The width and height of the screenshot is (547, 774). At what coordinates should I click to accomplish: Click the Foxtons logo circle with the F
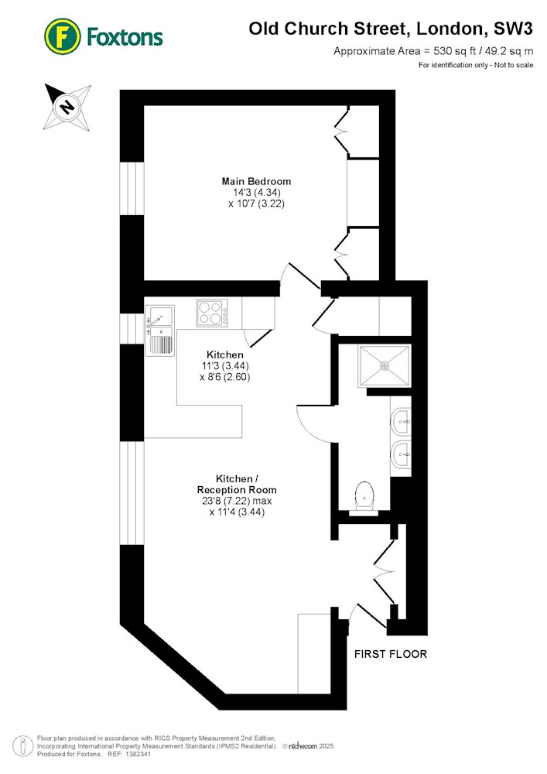(x=62, y=36)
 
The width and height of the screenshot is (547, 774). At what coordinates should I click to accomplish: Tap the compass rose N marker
(x=67, y=106)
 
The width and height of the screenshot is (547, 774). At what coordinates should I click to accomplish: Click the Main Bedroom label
(x=256, y=181)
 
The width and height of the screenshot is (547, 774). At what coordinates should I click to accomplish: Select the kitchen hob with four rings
(x=212, y=313)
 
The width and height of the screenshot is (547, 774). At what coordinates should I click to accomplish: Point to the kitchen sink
(x=159, y=330)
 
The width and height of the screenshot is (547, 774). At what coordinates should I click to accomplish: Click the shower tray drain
(x=385, y=366)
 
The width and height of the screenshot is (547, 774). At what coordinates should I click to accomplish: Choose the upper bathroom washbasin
(x=401, y=422)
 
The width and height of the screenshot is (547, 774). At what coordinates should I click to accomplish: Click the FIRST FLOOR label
(x=391, y=654)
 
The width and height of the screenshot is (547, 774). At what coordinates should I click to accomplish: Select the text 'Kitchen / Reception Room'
(x=237, y=485)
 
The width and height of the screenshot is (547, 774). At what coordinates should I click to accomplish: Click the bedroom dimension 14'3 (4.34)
(x=257, y=193)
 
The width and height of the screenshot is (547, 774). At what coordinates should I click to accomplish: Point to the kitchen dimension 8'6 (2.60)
(x=225, y=377)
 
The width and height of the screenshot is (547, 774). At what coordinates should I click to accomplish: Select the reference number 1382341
(x=138, y=754)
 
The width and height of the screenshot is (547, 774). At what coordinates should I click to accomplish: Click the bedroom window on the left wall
(x=132, y=188)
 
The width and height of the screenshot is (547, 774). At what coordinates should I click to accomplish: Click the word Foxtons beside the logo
(x=125, y=37)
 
